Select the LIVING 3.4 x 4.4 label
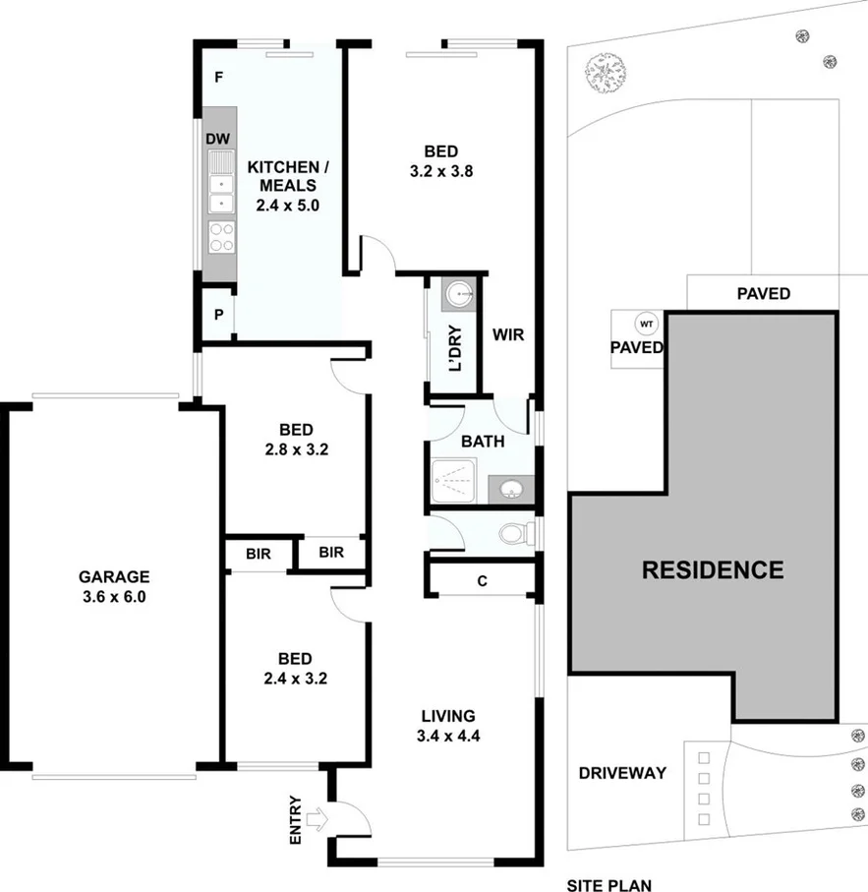click(x=447, y=725)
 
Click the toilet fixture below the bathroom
click(x=514, y=534)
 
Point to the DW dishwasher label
click(x=217, y=139)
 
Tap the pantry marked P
click(x=217, y=315)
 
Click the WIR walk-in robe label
click(x=508, y=335)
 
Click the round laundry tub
click(x=459, y=294)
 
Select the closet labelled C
click(x=482, y=580)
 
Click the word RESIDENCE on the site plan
click(x=712, y=569)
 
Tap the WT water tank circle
click(x=646, y=324)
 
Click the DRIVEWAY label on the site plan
click(x=622, y=773)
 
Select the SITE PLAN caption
click(x=608, y=885)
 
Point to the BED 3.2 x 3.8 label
click(x=440, y=161)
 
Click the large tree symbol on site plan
click(x=603, y=73)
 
